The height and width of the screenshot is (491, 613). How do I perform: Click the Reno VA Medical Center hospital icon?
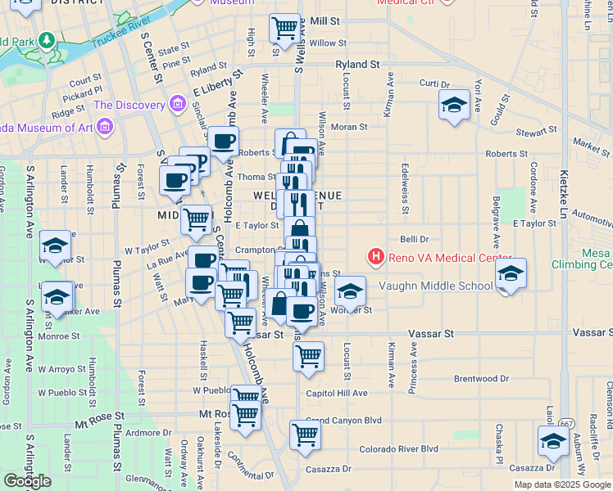point(376,258)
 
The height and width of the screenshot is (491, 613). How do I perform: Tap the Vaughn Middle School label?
point(436,286)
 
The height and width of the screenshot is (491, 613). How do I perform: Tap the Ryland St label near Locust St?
point(357,64)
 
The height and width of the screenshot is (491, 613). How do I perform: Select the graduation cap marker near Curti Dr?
point(453,105)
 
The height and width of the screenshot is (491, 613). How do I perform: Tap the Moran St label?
point(349,127)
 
